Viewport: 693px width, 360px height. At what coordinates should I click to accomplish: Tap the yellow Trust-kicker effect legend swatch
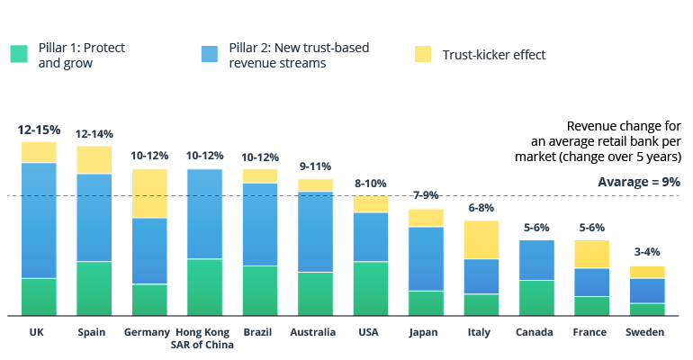[x=423, y=54]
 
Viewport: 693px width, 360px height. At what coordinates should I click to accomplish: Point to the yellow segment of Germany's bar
[x=149, y=193]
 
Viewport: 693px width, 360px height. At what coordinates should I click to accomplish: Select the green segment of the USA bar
[x=370, y=288]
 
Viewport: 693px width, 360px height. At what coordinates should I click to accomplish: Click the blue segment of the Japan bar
[x=426, y=258]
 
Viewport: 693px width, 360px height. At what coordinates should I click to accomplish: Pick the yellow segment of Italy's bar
[x=481, y=239]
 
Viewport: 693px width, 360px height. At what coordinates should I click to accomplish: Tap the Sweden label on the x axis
[x=646, y=332]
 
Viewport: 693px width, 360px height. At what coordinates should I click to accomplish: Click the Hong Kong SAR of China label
[x=204, y=337]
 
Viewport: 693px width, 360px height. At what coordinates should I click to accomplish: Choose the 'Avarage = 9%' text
[x=639, y=182]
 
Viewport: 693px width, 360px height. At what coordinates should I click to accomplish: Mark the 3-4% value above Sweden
[x=646, y=253]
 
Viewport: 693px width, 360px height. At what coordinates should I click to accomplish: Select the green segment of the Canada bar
[x=536, y=297]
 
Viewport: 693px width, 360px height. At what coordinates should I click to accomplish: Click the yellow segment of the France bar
[x=591, y=254]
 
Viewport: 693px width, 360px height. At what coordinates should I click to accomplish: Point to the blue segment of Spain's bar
[x=94, y=217]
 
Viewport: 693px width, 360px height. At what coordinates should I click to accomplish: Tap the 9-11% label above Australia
[x=315, y=166]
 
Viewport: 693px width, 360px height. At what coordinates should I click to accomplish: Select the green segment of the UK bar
[x=39, y=297]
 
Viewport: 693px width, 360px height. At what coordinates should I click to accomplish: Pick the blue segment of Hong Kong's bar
[x=204, y=214]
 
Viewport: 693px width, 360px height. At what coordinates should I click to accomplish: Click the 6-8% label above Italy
[x=481, y=208]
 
